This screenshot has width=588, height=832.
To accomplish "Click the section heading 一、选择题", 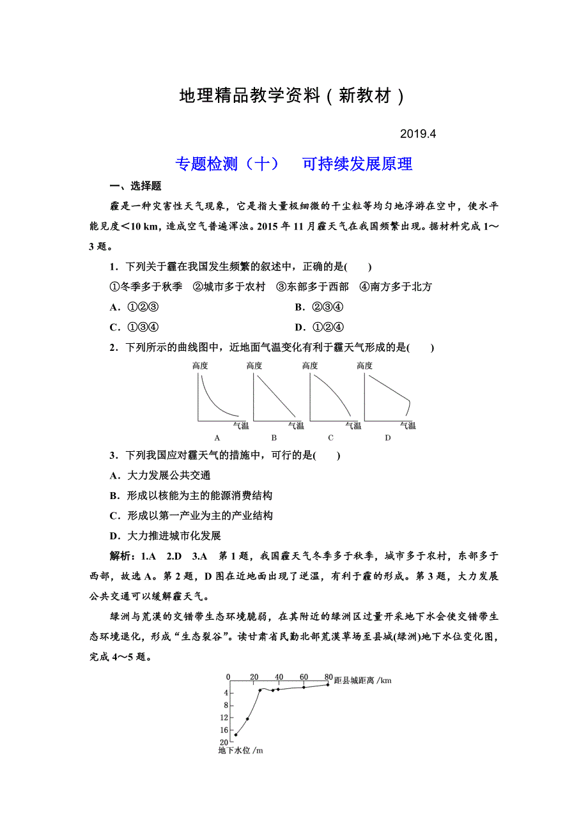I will click(x=135, y=186).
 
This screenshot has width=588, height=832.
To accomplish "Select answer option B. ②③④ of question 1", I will click(x=320, y=307).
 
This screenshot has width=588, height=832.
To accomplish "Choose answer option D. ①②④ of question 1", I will click(x=320, y=328).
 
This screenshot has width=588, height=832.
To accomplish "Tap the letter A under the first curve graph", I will click(x=217, y=438).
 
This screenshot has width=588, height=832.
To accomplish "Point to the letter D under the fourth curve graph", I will click(x=387, y=438).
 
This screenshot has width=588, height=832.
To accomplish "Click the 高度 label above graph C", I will click(x=310, y=366).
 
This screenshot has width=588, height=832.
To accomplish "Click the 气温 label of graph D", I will click(x=408, y=426).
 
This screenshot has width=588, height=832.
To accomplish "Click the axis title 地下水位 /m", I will click(x=240, y=750).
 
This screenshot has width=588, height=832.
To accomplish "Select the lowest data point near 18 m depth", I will click(x=236, y=735).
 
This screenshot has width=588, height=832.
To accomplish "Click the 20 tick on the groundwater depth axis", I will click(x=224, y=741).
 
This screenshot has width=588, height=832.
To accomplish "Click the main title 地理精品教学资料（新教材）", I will click(x=293, y=96).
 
